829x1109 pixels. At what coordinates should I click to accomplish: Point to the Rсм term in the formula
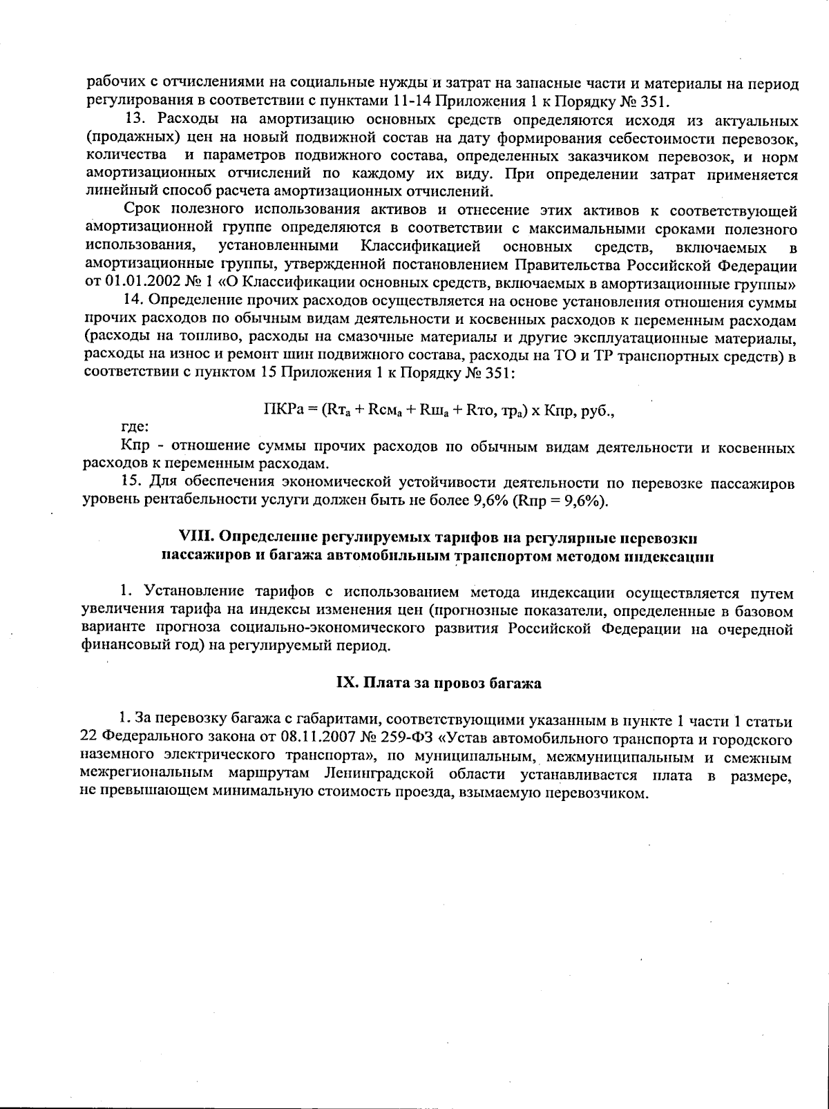coord(381,409)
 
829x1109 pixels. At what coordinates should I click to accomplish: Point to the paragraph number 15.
coord(131,482)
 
